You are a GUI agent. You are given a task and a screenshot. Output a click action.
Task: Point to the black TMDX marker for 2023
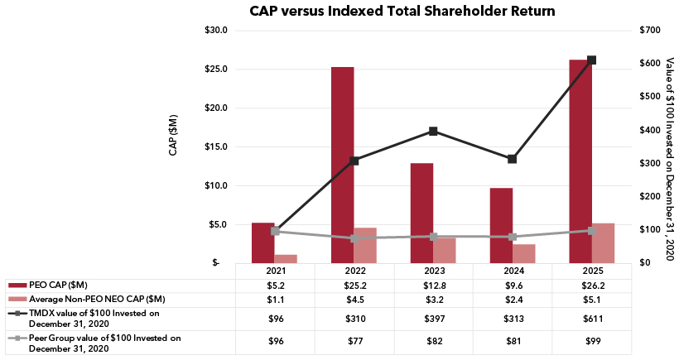pos(434,131)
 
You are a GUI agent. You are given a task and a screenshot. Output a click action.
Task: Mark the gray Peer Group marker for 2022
pos(354,238)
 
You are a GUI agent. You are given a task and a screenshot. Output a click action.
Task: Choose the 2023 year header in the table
pos(434,271)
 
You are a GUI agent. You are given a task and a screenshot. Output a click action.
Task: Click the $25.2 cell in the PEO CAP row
pos(354,285)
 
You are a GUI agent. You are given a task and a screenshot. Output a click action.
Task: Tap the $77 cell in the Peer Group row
pos(354,343)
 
